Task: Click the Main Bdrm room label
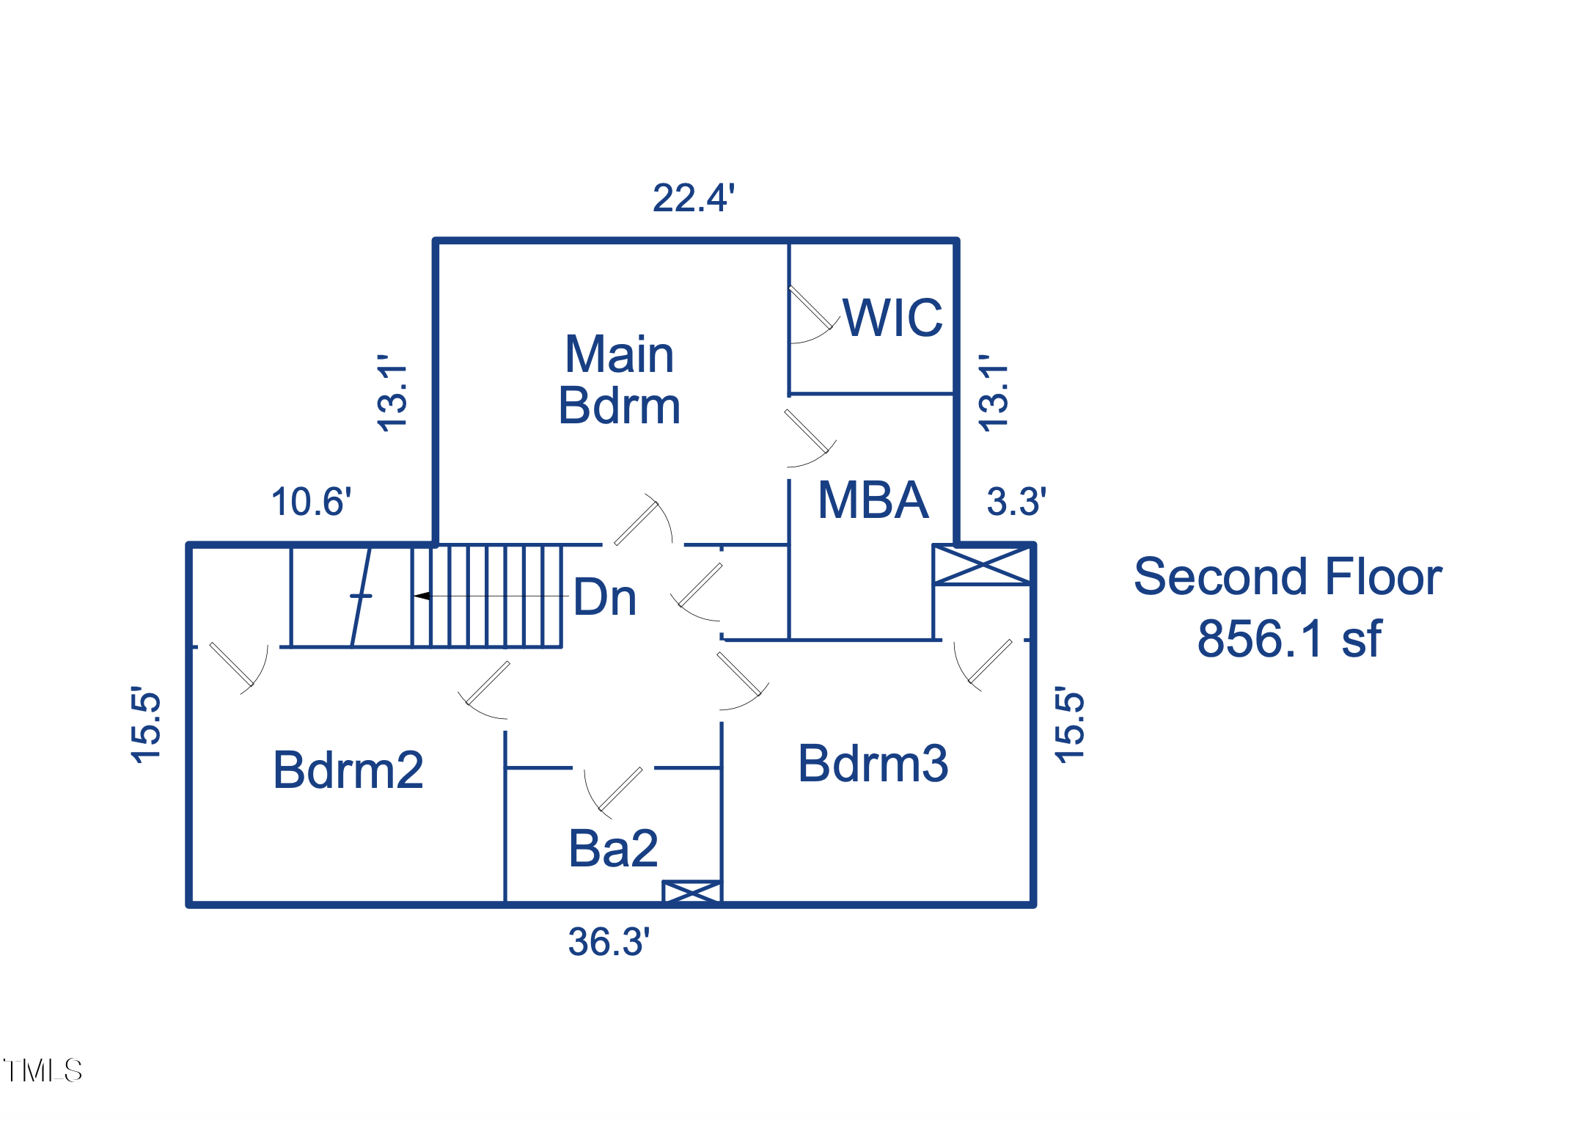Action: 619,379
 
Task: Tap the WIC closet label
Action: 892,318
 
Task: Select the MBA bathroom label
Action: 873,500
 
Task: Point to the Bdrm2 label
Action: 348,770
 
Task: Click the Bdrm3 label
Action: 873,764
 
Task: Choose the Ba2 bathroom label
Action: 613,849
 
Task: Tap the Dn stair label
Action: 604,597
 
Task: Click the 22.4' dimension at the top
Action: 693,198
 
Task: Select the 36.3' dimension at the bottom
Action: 609,942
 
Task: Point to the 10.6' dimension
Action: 311,502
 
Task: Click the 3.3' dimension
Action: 1016,502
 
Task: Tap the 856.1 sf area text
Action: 1288,639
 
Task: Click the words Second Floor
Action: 1288,577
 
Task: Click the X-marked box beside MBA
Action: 982,565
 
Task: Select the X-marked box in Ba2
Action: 692,891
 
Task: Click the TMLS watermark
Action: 43,1070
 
